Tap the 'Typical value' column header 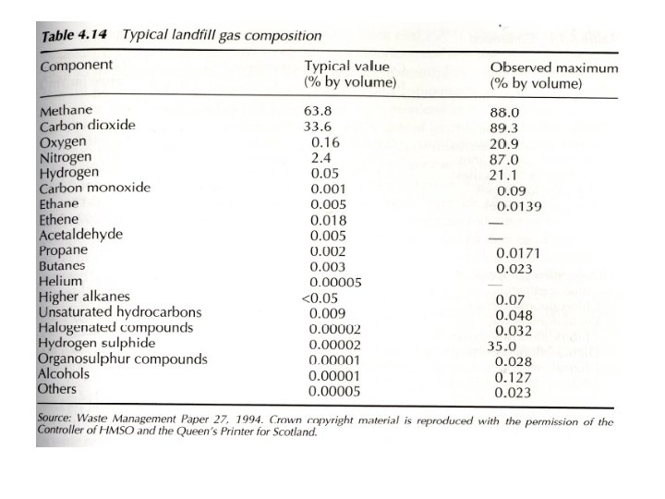(x=347, y=67)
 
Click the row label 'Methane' (x=67, y=112)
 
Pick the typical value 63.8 (x=318, y=111)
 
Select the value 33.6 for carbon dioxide (x=318, y=127)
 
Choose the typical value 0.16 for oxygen (x=325, y=142)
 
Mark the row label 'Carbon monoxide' (x=94, y=188)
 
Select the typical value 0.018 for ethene (x=329, y=220)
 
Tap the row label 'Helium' (x=61, y=281)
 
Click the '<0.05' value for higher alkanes (x=321, y=297)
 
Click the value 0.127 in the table (x=514, y=377)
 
